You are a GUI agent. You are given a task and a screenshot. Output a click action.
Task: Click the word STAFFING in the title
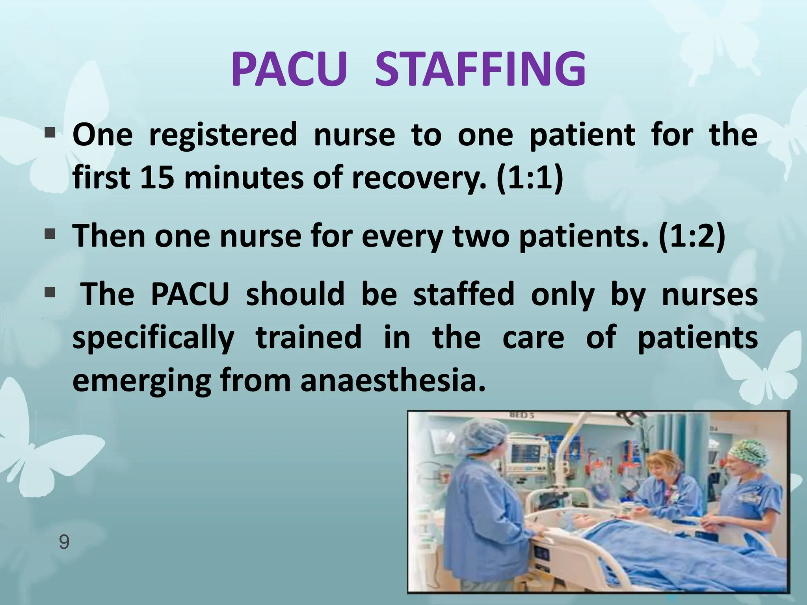coord(480,70)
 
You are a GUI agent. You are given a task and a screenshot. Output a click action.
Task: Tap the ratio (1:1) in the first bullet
coord(530,178)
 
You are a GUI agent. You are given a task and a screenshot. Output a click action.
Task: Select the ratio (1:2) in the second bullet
coord(692,236)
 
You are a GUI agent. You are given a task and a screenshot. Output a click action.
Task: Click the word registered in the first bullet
coord(223,135)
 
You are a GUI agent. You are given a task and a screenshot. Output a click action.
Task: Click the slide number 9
coord(64,542)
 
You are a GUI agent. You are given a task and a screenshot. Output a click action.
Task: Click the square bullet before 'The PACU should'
coord(50,293)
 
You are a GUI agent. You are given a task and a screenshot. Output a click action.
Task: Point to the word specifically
coord(154,338)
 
